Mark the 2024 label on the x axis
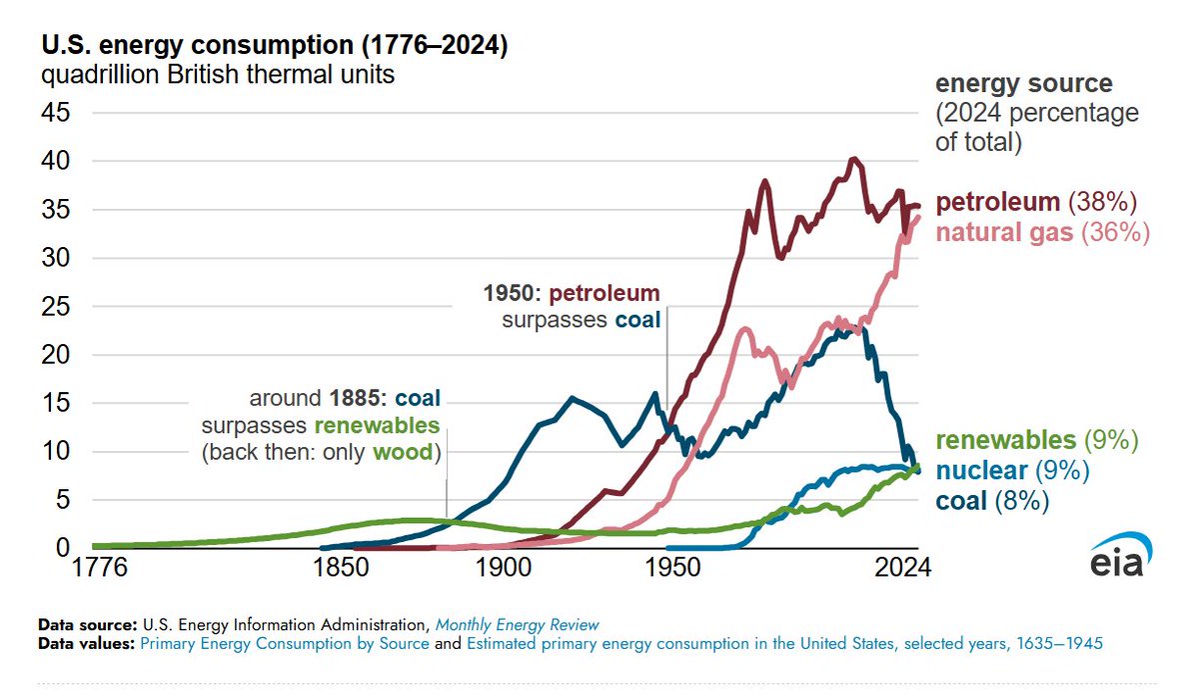(903, 569)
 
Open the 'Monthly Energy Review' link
(517, 625)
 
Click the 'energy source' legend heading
(1023, 84)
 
